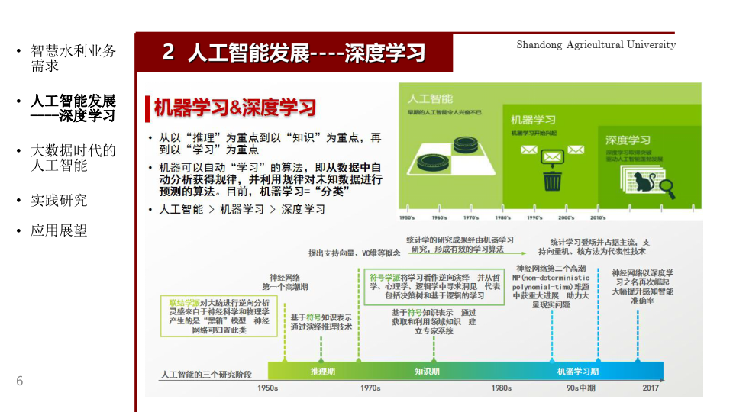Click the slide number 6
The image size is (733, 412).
(x=20, y=381)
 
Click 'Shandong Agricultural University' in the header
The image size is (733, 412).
(x=596, y=45)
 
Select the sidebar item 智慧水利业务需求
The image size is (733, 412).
(x=73, y=58)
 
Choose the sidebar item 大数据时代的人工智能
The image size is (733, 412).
(x=73, y=157)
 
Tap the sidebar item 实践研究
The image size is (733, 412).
(x=59, y=200)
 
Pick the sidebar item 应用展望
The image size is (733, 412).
(x=59, y=230)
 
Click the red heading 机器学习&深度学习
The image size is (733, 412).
(x=235, y=108)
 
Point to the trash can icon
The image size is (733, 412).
(x=552, y=180)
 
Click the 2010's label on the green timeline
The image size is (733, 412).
(x=597, y=217)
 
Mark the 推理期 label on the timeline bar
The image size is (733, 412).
(x=322, y=371)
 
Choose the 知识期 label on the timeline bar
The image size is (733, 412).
(x=427, y=371)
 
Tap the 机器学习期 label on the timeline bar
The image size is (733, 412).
(x=578, y=371)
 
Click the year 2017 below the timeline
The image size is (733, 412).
(x=651, y=388)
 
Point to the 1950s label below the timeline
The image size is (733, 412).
(x=267, y=388)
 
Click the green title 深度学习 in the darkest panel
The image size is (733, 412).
(x=628, y=140)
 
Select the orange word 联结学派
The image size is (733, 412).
(x=184, y=303)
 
